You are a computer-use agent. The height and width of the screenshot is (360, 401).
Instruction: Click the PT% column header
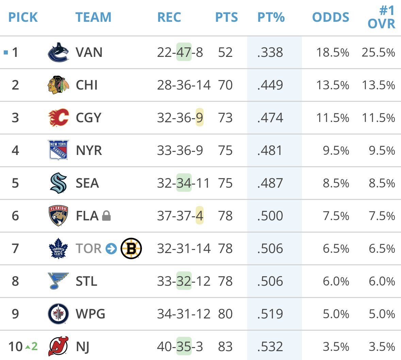(271, 17)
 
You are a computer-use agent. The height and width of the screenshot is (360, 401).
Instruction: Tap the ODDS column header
(331, 17)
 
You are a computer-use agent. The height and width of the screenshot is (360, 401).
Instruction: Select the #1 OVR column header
(381, 17)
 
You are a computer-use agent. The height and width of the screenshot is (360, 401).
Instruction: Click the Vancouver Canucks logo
(58, 52)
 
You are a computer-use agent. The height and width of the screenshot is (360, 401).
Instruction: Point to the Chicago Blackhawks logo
(58, 85)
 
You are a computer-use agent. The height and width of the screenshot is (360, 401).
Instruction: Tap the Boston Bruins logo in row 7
(131, 249)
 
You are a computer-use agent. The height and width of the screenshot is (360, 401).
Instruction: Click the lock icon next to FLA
(107, 216)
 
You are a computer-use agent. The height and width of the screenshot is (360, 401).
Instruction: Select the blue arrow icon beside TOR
(111, 249)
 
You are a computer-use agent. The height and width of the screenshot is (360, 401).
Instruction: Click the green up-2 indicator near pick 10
(31, 347)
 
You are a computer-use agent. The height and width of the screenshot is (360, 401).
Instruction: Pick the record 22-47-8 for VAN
(180, 52)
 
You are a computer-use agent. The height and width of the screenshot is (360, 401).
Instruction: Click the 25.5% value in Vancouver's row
(378, 52)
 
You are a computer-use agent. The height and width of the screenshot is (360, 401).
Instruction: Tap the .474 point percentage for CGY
(270, 118)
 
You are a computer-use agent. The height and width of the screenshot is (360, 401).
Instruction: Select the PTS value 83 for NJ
(225, 347)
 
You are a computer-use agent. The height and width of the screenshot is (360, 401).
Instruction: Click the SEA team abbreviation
(87, 183)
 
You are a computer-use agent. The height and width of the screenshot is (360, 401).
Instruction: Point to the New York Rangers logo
(58, 150)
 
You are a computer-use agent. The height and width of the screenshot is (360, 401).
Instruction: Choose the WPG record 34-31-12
(183, 314)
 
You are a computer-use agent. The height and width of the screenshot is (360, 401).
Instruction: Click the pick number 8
(15, 281)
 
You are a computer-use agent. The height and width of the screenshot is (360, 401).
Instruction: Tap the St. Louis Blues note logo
(58, 281)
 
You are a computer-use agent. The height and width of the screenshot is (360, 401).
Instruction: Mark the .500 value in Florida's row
(270, 216)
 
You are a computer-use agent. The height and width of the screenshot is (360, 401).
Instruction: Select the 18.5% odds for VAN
(332, 52)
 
